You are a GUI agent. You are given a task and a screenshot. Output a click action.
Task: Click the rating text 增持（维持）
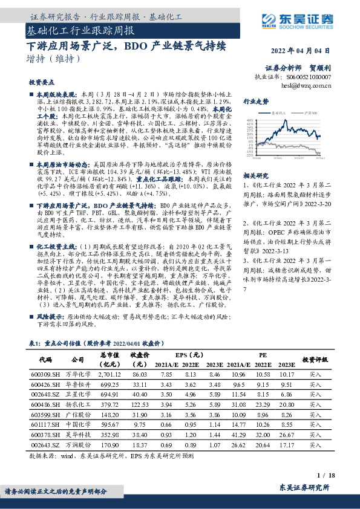point(54,59)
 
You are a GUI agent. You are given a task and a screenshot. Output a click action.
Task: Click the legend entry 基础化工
point(280,113)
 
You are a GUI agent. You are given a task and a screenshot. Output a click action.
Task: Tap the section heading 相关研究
point(254,192)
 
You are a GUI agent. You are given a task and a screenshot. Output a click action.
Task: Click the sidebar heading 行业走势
point(255,102)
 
